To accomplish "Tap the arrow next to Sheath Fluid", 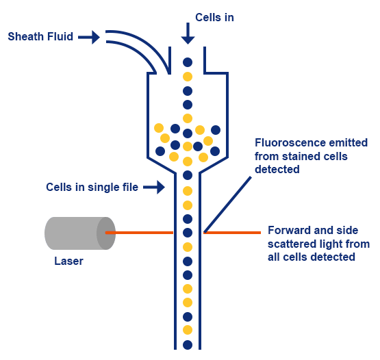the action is coord(89,37).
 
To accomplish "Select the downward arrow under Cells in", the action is coord(188,34).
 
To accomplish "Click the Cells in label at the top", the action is coord(214,17).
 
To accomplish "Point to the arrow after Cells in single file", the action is coord(154,187).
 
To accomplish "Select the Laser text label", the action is coord(69,261).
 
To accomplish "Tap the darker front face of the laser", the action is coord(106,233).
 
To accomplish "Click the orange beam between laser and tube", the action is coord(139,233).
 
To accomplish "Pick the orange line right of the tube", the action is coord(232,233).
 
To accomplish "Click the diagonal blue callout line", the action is coord(228,205).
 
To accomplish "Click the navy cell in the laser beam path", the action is coord(188,233).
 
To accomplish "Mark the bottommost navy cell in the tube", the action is coord(188,345).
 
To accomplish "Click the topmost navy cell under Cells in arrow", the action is coord(188,62).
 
